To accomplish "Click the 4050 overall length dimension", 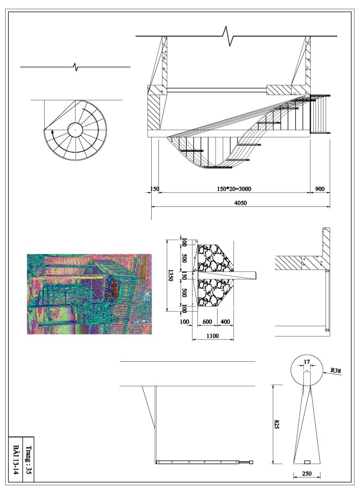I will [x=241, y=203].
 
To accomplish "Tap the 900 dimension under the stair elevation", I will [x=319, y=189].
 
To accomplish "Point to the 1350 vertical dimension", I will [x=170, y=275].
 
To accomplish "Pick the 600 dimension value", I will [x=207, y=322].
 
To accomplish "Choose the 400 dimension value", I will [x=225, y=322].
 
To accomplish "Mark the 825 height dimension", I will [x=277, y=424].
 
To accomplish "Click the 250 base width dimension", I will [x=307, y=473].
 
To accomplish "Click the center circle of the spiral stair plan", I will [x=75, y=130].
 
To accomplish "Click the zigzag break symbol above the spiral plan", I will [x=76, y=67].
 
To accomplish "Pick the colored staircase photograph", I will [x=89, y=294].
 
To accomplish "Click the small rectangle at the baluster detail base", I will [x=307, y=461].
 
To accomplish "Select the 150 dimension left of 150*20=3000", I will [x=153, y=189].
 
